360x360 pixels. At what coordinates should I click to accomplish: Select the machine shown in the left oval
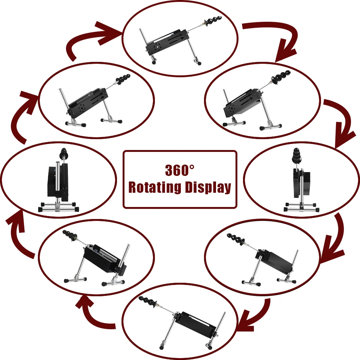[x=58, y=182]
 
